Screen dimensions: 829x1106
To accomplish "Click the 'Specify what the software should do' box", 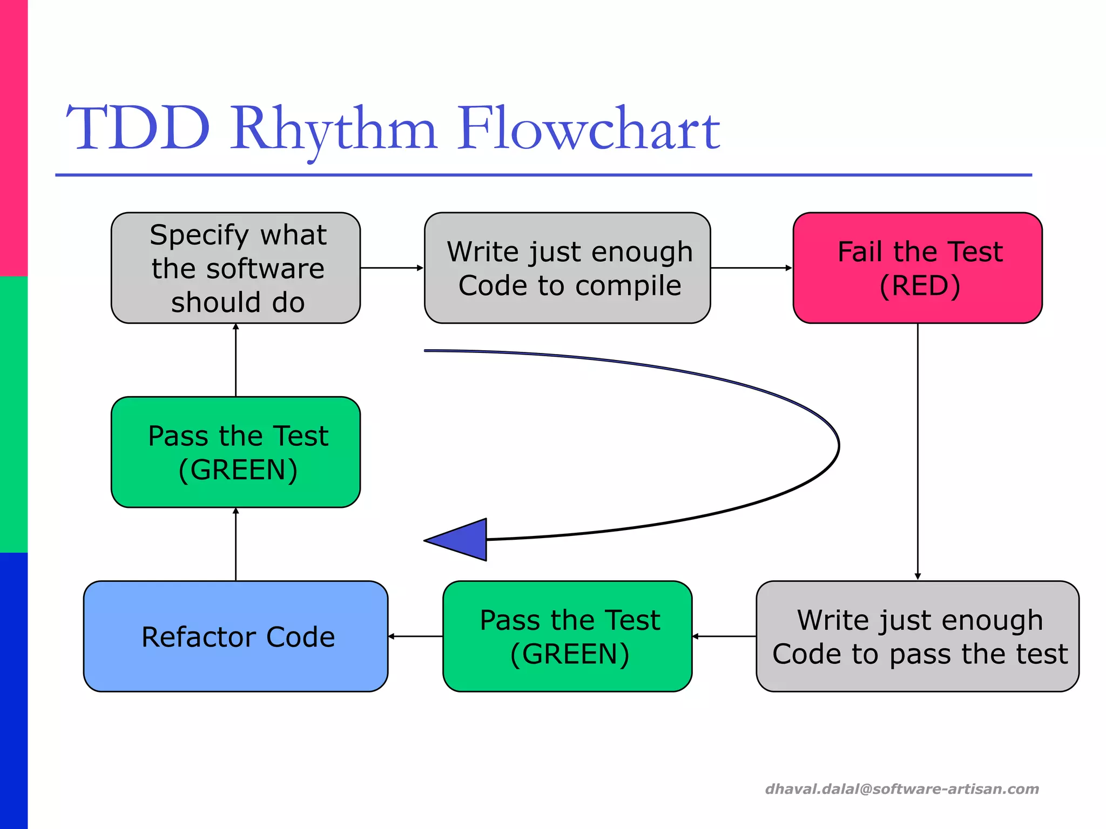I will click(x=235, y=268).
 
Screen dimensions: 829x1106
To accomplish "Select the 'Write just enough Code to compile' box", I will click(x=567, y=268).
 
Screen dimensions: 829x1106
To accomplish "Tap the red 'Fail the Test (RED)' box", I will click(x=918, y=268).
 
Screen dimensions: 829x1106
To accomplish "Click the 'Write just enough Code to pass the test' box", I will click(x=918, y=636).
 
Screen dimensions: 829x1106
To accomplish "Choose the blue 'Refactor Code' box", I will click(x=235, y=636).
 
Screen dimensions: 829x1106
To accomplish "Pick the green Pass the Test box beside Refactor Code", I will click(x=567, y=636).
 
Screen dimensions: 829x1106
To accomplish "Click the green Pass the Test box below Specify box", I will click(x=235, y=452).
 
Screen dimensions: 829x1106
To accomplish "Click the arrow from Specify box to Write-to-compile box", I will click(x=392, y=268).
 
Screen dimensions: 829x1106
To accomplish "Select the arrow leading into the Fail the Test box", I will click(x=751, y=268).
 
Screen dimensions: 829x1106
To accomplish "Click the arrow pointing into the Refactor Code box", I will click(x=415, y=636).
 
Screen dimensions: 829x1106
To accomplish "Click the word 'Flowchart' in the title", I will click(x=589, y=130).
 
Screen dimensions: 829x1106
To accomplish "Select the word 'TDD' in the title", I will click(x=138, y=130).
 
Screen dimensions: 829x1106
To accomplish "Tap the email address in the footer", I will click(x=902, y=789).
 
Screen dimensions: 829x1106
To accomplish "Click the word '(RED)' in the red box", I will click(x=920, y=286).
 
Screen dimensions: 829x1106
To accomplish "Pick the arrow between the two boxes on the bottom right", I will click(x=724, y=636).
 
